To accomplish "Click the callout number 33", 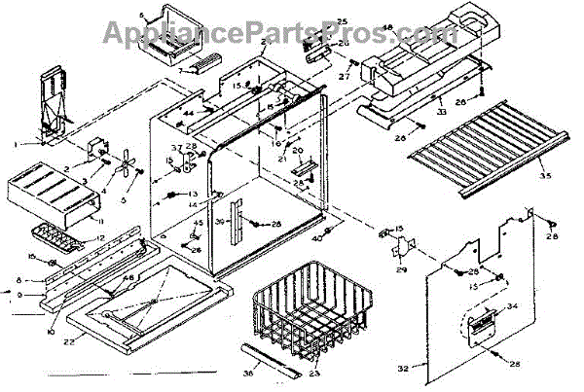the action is pyautogui.click(x=440, y=113).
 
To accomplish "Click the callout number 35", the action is pyautogui.click(x=543, y=176).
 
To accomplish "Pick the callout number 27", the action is pyautogui.click(x=345, y=76).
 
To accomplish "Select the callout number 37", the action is pyautogui.click(x=176, y=148).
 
